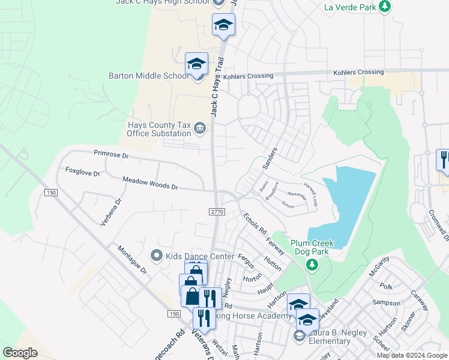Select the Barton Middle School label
click(x=148, y=76)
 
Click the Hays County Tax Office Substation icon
click(x=200, y=127)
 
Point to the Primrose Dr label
click(x=111, y=155)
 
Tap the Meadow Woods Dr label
click(x=150, y=183)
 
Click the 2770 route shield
click(x=217, y=211)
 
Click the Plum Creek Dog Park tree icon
click(x=311, y=264)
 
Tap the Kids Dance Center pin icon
click(x=157, y=256)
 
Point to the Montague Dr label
click(x=132, y=260)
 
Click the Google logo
click(x=20, y=353)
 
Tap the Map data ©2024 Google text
click(x=412, y=355)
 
